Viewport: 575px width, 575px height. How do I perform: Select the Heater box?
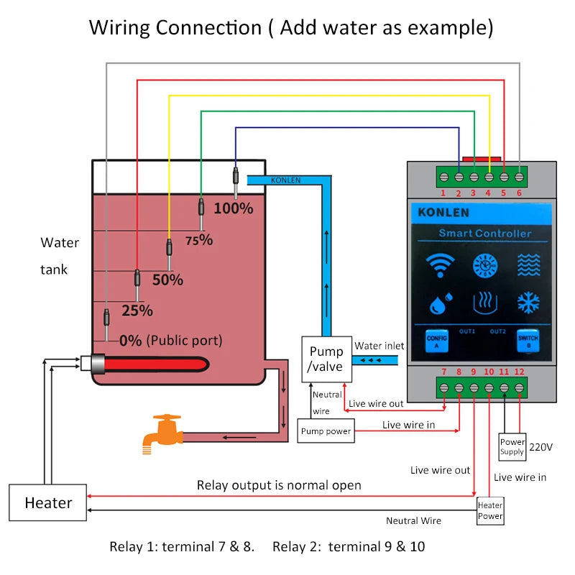48,502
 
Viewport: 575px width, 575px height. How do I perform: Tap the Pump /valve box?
326,359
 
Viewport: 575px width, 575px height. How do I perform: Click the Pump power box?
326,431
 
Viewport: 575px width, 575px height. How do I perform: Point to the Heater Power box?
490,510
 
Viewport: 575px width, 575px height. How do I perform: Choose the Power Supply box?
512,447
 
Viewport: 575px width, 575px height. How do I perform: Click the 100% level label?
234,208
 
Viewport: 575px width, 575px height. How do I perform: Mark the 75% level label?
199,240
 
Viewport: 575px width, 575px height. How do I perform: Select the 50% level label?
167,280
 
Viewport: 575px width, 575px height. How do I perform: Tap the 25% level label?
137,310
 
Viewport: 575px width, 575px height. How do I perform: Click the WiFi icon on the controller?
436,264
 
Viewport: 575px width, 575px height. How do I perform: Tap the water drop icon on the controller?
437,303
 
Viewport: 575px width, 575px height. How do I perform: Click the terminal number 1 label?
443,193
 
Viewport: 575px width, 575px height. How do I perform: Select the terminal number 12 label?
519,372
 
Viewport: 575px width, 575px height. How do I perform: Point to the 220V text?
540,447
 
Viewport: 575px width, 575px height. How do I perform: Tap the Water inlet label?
379,346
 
